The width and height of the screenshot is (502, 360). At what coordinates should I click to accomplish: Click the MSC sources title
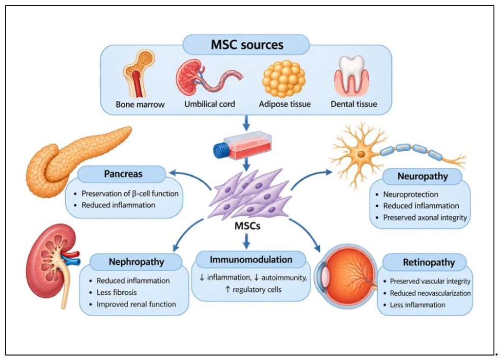pos(247,44)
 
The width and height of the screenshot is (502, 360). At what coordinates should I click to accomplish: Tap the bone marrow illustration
pos(138,73)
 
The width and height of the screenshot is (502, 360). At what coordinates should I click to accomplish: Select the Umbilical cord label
pos(210,104)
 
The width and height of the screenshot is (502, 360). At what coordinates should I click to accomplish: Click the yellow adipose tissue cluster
pos(284,79)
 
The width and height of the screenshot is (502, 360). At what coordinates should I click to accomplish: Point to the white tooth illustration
pos(352,76)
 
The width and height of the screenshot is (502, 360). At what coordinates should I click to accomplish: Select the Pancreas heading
pos(123,174)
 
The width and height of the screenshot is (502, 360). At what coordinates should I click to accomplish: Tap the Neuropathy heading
pos(423,176)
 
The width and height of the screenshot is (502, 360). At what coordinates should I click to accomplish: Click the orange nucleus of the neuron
pos(361,154)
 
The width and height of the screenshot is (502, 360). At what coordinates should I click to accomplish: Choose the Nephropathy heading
pos(136,262)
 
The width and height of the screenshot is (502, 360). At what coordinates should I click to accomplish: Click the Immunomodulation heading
pos(251,259)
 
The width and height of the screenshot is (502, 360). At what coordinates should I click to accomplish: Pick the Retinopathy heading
pos(429,262)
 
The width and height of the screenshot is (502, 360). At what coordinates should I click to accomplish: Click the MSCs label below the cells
pos(247,226)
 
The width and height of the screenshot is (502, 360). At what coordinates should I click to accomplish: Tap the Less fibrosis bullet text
pos(117,292)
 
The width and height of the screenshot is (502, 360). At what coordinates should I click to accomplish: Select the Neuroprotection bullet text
pos(411,195)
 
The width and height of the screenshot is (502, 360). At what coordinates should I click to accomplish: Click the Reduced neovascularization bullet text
pos(430,293)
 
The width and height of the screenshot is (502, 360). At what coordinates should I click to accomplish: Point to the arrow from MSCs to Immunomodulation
pos(246,241)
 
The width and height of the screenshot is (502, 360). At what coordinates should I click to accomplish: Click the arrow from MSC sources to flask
pos(246,123)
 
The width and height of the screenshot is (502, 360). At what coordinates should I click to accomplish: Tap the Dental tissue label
pos(354,104)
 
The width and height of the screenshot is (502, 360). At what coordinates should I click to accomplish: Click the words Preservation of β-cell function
pos(130,193)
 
